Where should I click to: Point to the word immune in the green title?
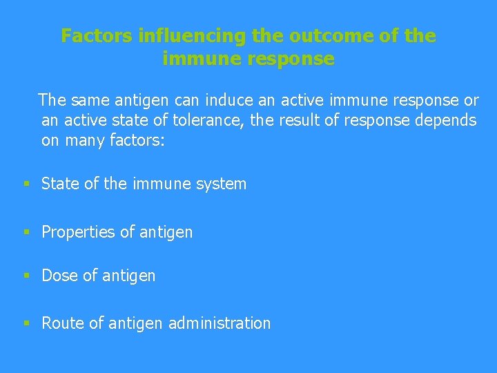click(x=193, y=59)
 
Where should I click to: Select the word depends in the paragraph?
click(x=447, y=120)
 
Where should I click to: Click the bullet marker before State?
click(x=26, y=184)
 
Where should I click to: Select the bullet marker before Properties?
click(x=26, y=232)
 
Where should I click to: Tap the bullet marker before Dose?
click(x=26, y=276)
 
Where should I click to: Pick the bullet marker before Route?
click(x=26, y=323)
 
